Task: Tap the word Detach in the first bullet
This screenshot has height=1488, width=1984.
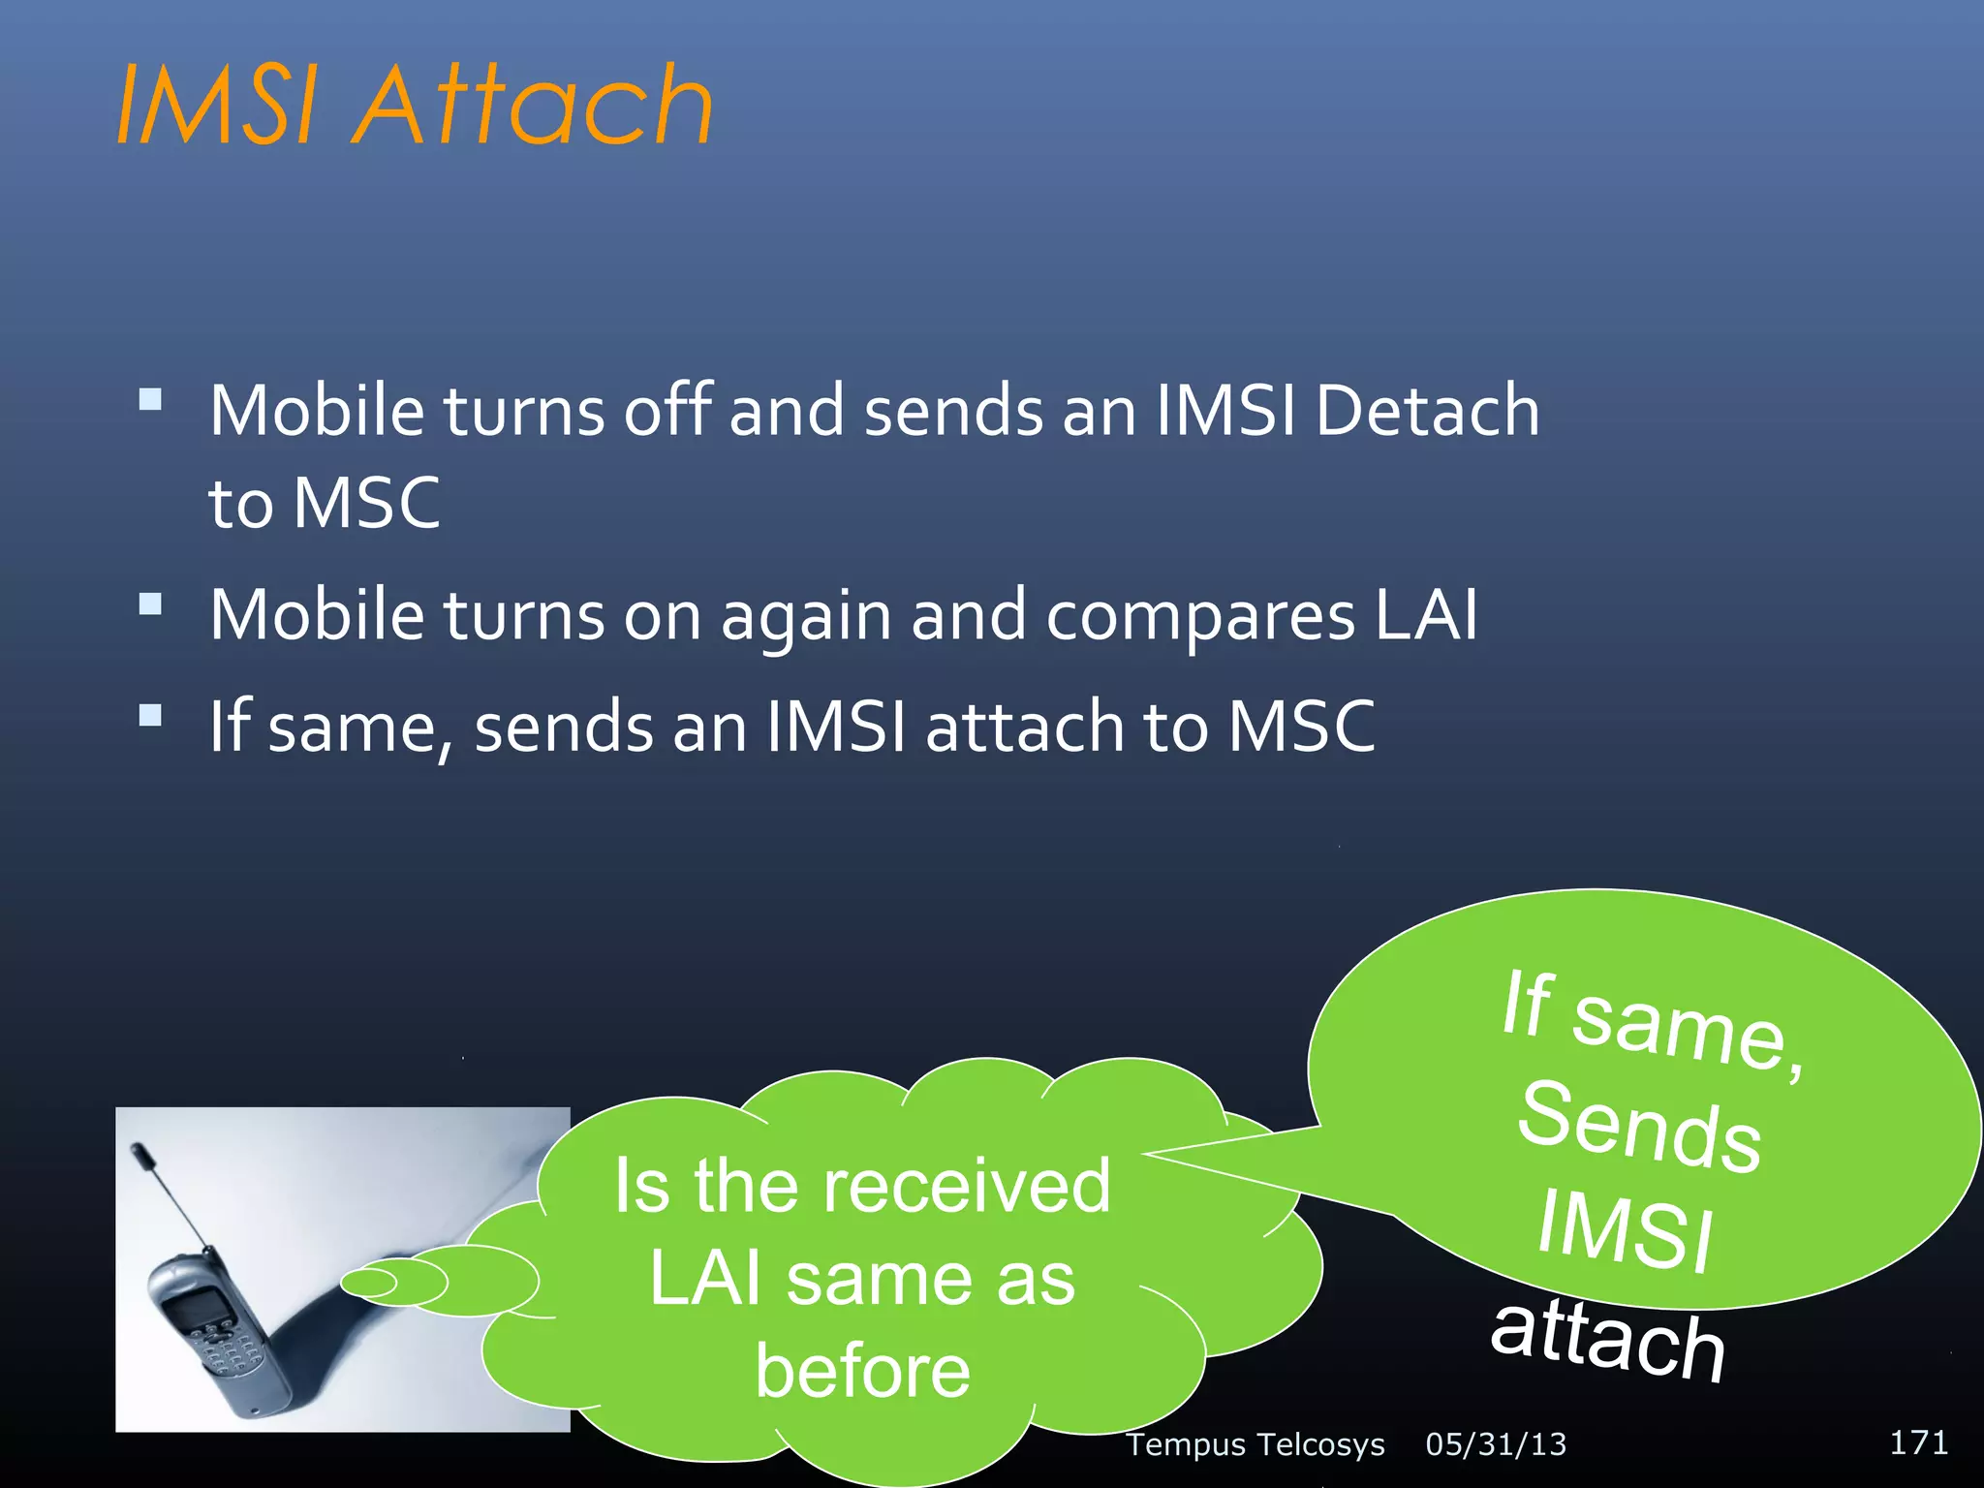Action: [1427, 411]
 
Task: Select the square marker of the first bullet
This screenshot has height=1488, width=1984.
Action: [150, 400]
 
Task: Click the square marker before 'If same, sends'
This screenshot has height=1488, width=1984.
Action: [150, 716]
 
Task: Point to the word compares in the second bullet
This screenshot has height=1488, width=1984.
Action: [1200, 616]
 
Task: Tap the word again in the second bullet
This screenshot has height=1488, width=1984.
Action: [806, 616]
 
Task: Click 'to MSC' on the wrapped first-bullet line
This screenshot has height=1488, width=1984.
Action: [325, 503]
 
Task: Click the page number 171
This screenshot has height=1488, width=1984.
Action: [1918, 1442]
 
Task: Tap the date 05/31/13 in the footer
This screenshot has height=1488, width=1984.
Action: [1496, 1444]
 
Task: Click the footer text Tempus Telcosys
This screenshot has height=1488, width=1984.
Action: [1255, 1444]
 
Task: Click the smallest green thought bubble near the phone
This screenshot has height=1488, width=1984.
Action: [369, 1284]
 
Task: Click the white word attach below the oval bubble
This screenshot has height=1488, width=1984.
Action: [1608, 1339]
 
